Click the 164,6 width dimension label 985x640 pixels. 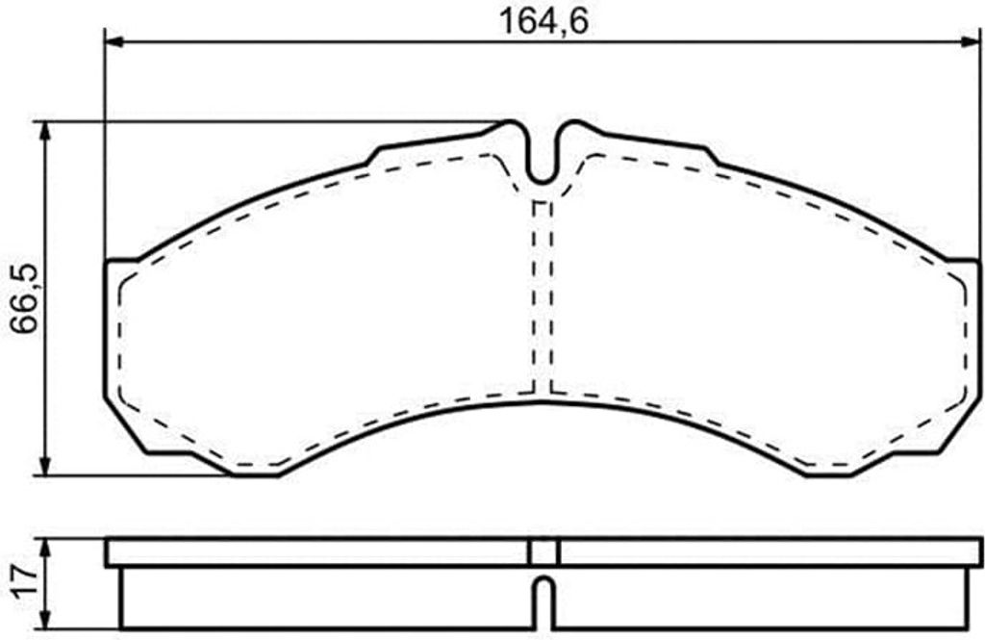pyautogui.click(x=543, y=21)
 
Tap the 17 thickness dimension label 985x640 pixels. pyautogui.click(x=24, y=582)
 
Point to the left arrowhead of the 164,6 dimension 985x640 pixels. pyautogui.click(x=114, y=41)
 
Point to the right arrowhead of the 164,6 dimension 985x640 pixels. pyautogui.click(x=969, y=41)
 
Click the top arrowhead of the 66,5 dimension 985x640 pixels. pyautogui.click(x=44, y=131)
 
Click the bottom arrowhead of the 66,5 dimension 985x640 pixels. pyautogui.click(x=44, y=466)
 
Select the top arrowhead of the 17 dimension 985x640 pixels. pyautogui.click(x=44, y=548)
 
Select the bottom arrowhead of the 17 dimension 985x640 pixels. pyautogui.click(x=44, y=619)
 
